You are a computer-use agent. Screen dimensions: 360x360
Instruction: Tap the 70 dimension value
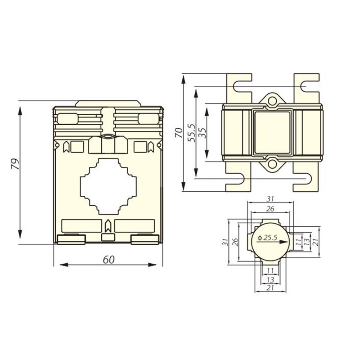179,133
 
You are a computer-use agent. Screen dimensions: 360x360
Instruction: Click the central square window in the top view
273,132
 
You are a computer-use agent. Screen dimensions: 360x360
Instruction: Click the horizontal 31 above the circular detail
270,198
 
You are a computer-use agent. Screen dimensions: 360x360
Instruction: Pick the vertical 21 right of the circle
315,242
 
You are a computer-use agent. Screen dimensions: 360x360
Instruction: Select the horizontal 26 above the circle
270,208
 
